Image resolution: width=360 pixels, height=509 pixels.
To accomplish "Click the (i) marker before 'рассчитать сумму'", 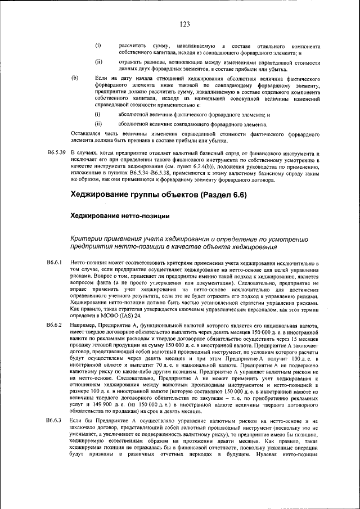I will pyautogui.click(x=98, y=45).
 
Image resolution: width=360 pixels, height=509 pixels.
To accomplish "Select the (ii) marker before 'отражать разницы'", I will pyautogui.click(x=98, y=61).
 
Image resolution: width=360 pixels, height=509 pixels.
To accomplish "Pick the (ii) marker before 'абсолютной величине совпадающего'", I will pyautogui.click(x=98, y=124).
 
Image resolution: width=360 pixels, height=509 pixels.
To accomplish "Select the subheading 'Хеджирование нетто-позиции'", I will pyautogui.click(x=119, y=215).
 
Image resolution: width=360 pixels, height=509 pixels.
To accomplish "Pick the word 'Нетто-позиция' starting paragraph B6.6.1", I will pyautogui.click(x=89, y=263).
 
